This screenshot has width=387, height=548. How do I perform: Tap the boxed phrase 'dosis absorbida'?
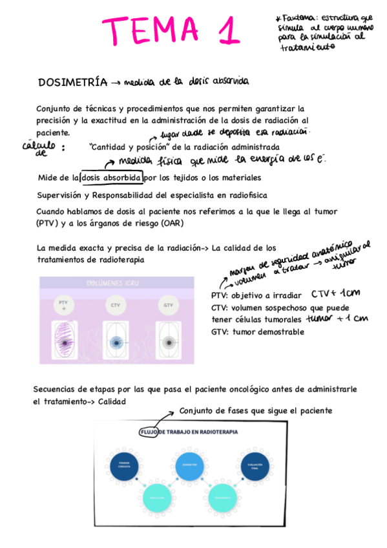tap(110, 177)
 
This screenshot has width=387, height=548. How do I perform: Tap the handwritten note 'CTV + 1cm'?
tap(335, 293)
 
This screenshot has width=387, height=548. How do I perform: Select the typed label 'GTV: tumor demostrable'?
tap(257, 332)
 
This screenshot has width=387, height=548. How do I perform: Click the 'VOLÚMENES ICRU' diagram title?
tap(116, 282)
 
